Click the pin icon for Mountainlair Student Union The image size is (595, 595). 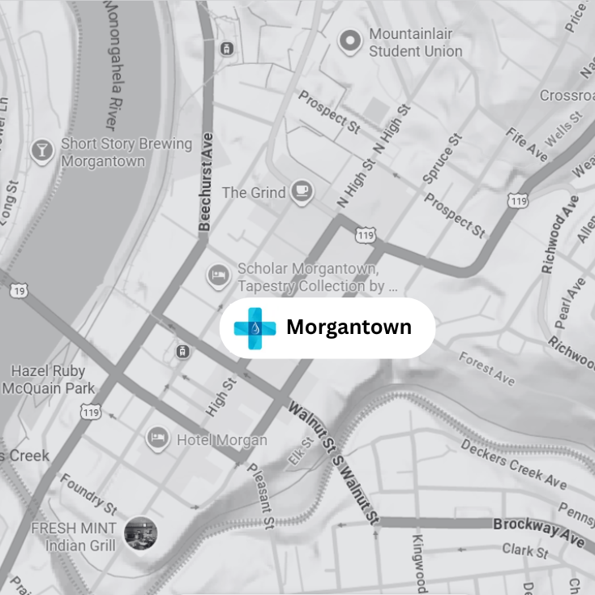pos(350,41)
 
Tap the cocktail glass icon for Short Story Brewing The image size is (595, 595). pos(40,151)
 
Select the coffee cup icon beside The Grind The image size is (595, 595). pos(302,191)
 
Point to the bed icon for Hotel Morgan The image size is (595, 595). pos(158,439)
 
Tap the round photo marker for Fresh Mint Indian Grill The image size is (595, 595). pos(140,533)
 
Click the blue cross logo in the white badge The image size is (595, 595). pos(255,328)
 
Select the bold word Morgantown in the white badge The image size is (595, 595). pos(349,327)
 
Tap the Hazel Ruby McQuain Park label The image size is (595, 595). pos(48,379)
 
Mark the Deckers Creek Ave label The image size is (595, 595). pos(513,464)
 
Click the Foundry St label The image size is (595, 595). pos(88,493)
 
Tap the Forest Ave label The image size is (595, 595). pos(486,368)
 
